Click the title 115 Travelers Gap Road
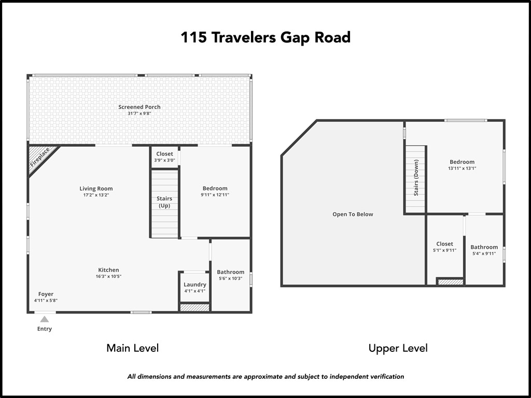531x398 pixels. (265, 38)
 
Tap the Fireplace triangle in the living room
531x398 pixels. (39, 157)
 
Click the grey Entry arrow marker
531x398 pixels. (45, 319)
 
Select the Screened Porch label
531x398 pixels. (139, 107)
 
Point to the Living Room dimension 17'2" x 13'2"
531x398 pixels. (96, 195)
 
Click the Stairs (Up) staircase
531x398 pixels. (164, 203)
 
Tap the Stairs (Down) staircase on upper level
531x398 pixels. (415, 179)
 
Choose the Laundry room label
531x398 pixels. (195, 285)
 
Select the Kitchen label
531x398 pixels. (108, 270)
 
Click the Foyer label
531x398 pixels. (46, 294)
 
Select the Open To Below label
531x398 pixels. (353, 214)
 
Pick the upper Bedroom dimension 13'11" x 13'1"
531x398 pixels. (462, 168)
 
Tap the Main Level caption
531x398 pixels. (132, 348)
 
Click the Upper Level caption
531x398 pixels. (398, 348)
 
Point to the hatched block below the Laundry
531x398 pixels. (195, 308)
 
